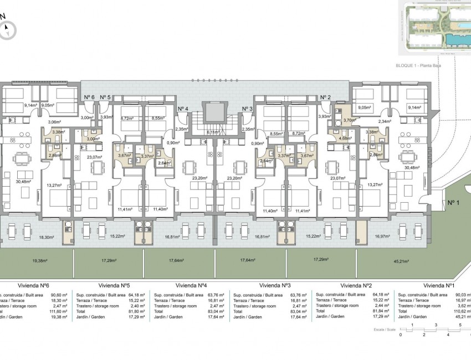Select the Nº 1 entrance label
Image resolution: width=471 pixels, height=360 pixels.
[x=455, y=203]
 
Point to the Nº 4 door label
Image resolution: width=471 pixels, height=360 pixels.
[x=183, y=109]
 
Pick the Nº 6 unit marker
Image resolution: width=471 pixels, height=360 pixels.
[x=89, y=97]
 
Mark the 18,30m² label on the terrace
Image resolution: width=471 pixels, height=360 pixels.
[x=47, y=237]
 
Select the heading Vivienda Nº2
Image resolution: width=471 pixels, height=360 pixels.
[x=356, y=285]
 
